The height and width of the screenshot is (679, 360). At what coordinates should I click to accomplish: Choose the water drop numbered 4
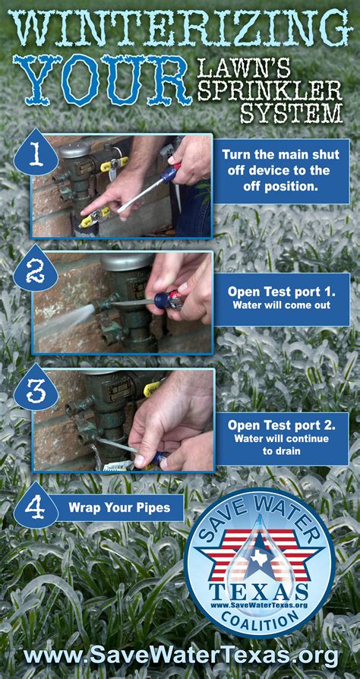pyautogui.click(x=36, y=504)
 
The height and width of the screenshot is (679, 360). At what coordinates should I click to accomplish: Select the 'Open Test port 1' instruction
pyautogui.click(x=281, y=298)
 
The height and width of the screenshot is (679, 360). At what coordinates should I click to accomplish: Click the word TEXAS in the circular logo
pyautogui.click(x=259, y=591)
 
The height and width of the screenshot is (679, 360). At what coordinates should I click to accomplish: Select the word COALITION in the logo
pyautogui.click(x=261, y=620)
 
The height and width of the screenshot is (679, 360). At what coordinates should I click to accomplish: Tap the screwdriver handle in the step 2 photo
pyautogui.click(x=167, y=299)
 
